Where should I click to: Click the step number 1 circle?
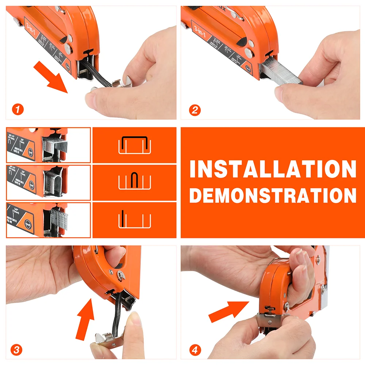point(17,109)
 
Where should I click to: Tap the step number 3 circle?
point(16,350)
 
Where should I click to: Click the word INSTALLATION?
point(273,169)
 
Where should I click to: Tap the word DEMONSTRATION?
point(273,195)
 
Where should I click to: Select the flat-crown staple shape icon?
point(134,145)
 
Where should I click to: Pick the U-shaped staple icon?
point(134,181)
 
